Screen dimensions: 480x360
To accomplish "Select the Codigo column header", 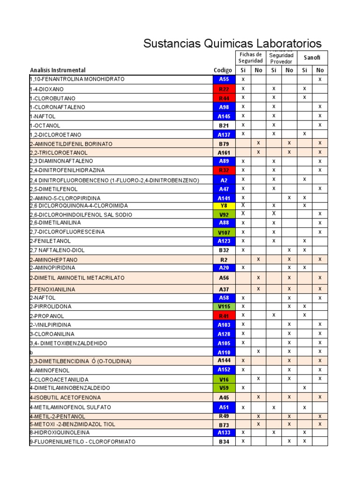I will (x=223, y=70).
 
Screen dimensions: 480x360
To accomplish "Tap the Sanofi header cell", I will (x=312, y=58).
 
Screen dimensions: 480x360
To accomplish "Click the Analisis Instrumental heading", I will (x=58, y=70).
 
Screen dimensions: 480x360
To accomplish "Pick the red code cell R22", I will (x=224, y=89).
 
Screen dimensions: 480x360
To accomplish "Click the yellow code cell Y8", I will (x=224, y=205).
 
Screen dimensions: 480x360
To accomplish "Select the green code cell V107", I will (x=224, y=232).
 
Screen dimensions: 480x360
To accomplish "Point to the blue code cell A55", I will (x=224, y=79).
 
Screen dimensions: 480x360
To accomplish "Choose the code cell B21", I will (x=224, y=125).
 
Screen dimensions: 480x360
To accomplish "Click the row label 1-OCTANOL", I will (x=45, y=125).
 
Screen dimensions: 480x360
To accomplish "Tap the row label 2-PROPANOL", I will (x=47, y=316).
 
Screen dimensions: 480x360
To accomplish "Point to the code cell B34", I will (x=224, y=442).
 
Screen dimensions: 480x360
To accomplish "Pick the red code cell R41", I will (x=224, y=316).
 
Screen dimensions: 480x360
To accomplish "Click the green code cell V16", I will (x=224, y=379).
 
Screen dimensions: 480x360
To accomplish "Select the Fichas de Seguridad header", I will (x=250, y=58).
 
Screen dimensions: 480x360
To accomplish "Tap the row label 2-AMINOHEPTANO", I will (x=54, y=259).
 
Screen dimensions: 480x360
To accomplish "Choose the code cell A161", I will (x=224, y=152).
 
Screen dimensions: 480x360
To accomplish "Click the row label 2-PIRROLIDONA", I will (x=50, y=307).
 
